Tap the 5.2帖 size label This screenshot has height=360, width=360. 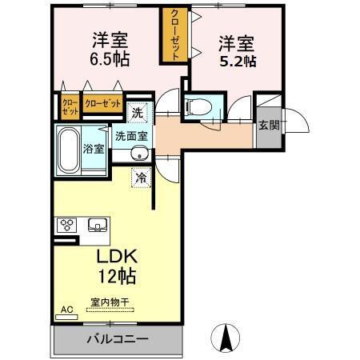point(239,59)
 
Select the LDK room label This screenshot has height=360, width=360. point(118,258)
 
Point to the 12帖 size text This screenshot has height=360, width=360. point(117,278)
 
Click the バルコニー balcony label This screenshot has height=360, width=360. point(118,339)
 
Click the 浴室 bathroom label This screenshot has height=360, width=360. point(94,148)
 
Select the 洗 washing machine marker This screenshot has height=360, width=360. point(137,113)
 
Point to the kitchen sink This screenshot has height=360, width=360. point(98,224)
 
